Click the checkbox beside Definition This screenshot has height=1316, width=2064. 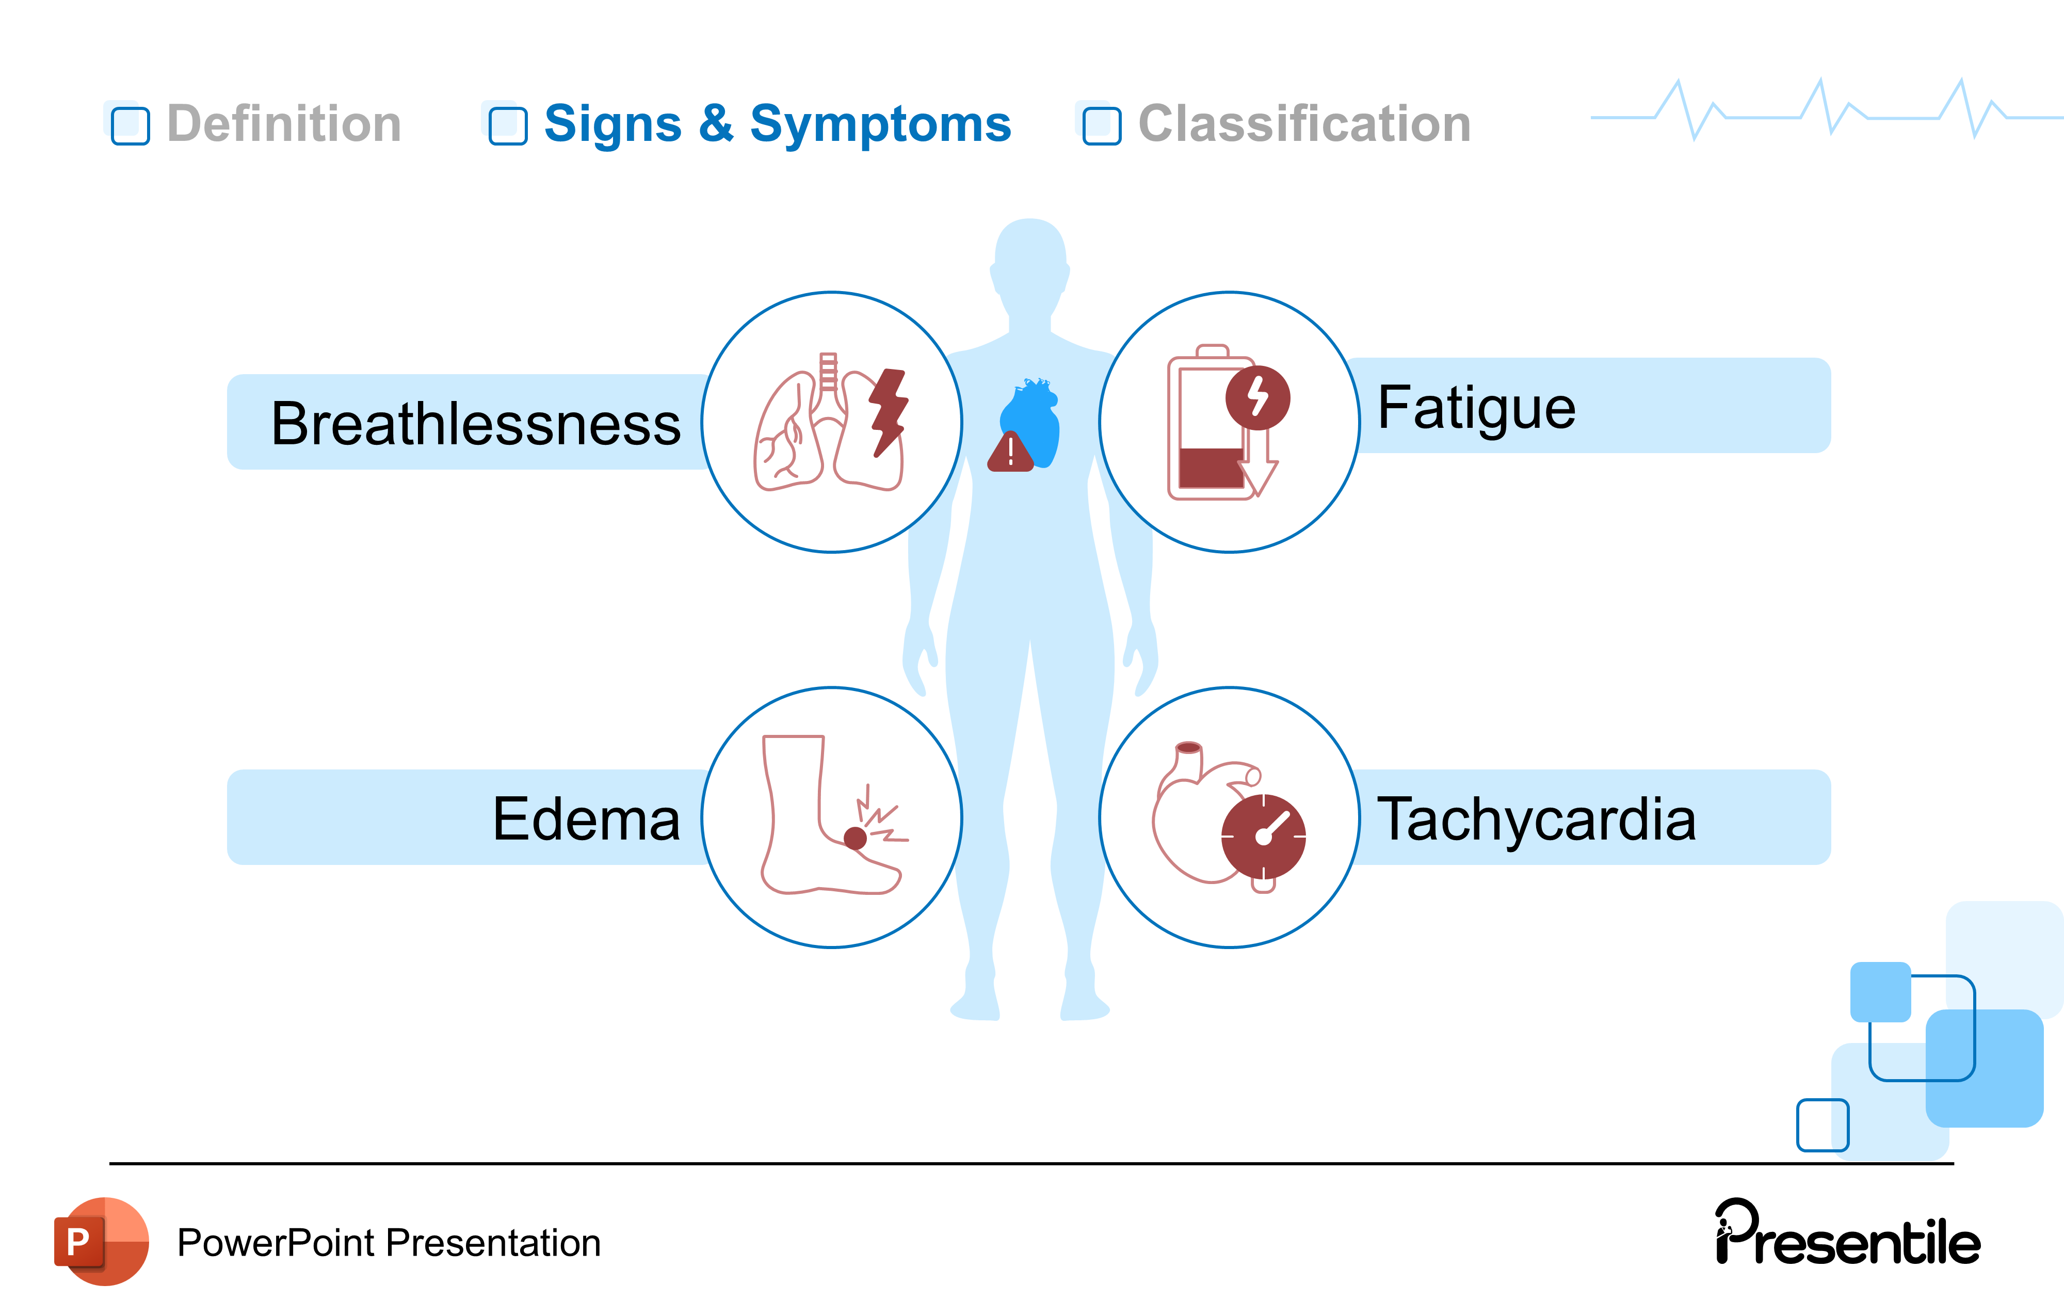coord(130,125)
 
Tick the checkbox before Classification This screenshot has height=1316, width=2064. coord(1102,125)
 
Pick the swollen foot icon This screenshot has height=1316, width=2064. coord(823,814)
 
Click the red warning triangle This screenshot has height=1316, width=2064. coord(1010,453)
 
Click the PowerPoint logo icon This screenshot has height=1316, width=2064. coord(101,1241)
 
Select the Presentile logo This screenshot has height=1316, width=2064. coord(1847,1234)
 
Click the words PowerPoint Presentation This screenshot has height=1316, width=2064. coord(388,1242)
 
